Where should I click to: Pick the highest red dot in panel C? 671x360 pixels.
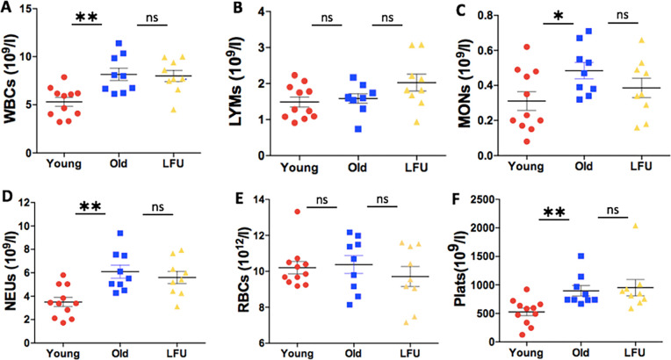(x=528, y=47)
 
